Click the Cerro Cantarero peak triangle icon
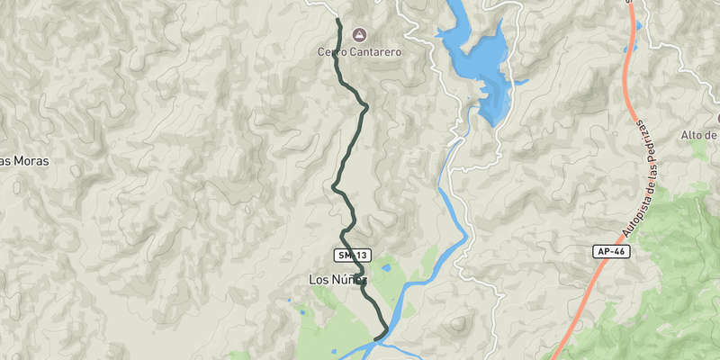(359, 35)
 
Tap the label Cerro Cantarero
(359, 52)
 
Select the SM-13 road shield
(352, 256)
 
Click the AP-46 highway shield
(611, 252)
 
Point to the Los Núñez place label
(337, 280)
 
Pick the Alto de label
(699, 135)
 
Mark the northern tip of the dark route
(337, 20)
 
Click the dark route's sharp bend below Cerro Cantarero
(366, 107)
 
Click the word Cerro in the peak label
(332, 52)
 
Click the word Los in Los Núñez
(319, 280)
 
